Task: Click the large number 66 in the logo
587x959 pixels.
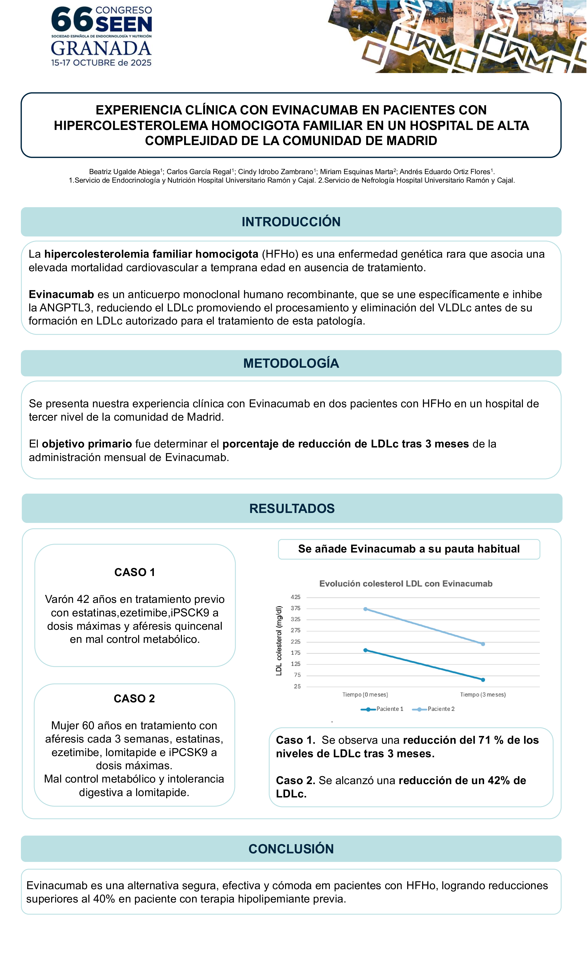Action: point(72,19)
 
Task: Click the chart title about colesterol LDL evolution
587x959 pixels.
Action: point(406,584)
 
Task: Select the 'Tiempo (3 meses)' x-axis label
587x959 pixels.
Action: point(483,695)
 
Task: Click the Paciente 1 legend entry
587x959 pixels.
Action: point(383,709)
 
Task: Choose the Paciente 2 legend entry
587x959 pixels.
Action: point(434,709)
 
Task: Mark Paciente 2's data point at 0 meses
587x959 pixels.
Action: point(365,609)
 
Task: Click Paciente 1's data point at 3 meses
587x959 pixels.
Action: point(483,680)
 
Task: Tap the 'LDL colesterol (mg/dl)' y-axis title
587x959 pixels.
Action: point(279,641)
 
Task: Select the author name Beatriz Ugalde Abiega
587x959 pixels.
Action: point(125,172)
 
